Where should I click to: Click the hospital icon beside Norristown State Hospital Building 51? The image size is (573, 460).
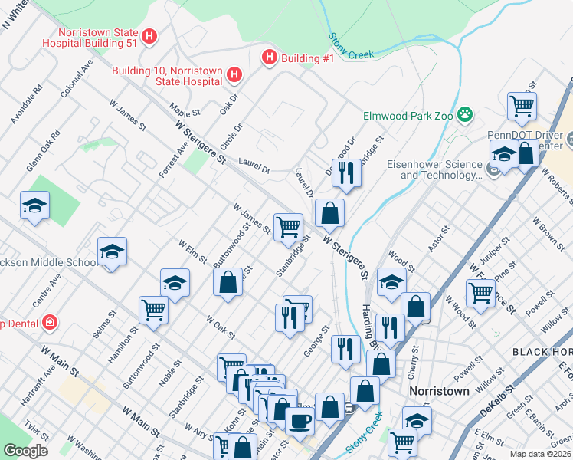click(x=150, y=35)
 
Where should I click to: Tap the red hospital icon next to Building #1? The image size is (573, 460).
click(x=269, y=58)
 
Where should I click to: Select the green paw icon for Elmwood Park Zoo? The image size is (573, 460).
click(x=464, y=116)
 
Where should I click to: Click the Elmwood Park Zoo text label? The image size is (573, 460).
click(x=408, y=117)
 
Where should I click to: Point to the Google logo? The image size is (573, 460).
click(x=25, y=451)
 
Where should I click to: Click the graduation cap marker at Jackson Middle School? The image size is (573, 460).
click(x=112, y=251)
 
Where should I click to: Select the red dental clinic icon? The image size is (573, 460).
click(x=51, y=321)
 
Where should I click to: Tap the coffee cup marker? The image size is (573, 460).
click(x=300, y=419)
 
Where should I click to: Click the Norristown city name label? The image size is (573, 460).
click(x=439, y=390)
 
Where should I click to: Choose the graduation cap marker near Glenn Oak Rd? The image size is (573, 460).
click(x=35, y=205)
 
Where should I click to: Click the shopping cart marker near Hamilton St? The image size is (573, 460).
click(x=153, y=310)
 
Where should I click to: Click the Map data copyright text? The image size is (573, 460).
click(x=541, y=454)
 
